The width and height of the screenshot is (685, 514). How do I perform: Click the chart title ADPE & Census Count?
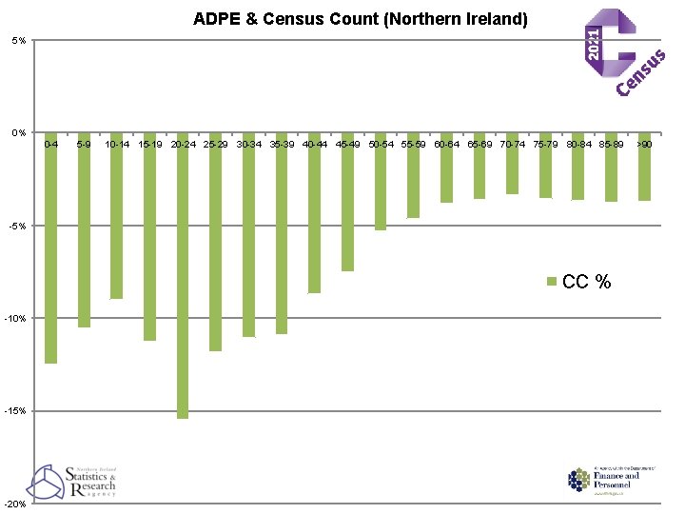pyautogui.click(x=360, y=18)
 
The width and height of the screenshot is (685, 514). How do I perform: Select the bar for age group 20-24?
pyautogui.click(x=183, y=276)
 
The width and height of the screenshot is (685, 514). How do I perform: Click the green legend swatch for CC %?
pyautogui.click(x=552, y=282)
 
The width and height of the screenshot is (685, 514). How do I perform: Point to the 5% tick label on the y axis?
pyautogui.click(x=19, y=40)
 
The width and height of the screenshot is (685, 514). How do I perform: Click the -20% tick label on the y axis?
pyautogui.click(x=17, y=504)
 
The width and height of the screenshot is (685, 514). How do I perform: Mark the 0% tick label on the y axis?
pyautogui.click(x=19, y=132)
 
